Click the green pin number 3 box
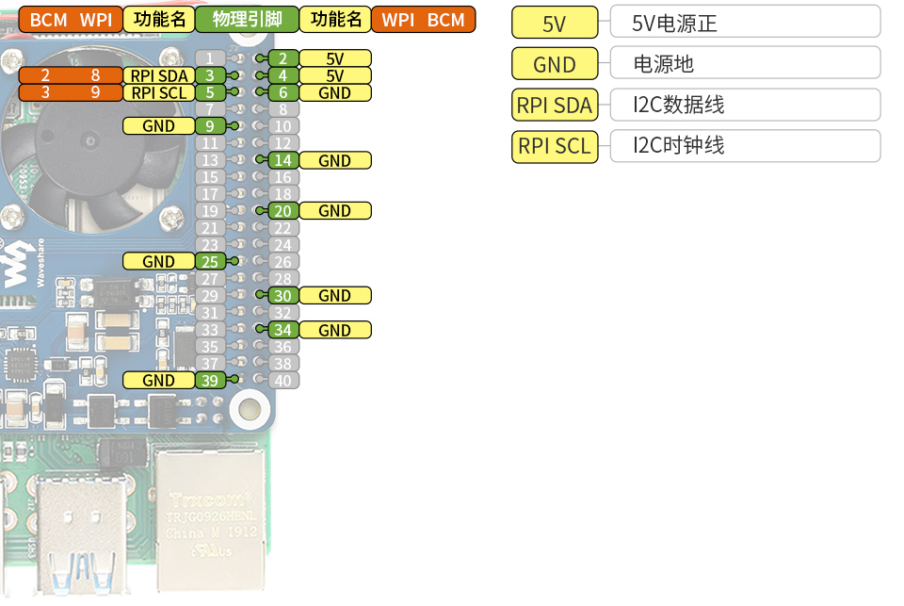tap(211, 75)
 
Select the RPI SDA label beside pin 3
tap(159, 75)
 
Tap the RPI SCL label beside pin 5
tap(159, 92)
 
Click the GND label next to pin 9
tap(159, 126)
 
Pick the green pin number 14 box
tap(283, 160)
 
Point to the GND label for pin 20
tap(334, 211)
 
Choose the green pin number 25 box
tap(211, 262)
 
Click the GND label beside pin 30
tap(334, 296)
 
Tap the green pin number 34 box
tap(283, 330)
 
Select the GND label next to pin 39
tap(159, 381)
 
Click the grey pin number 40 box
tap(283, 381)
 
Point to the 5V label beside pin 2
tap(334, 58)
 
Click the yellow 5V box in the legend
tap(555, 24)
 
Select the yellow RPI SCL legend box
tap(555, 146)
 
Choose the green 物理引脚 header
tap(247, 20)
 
